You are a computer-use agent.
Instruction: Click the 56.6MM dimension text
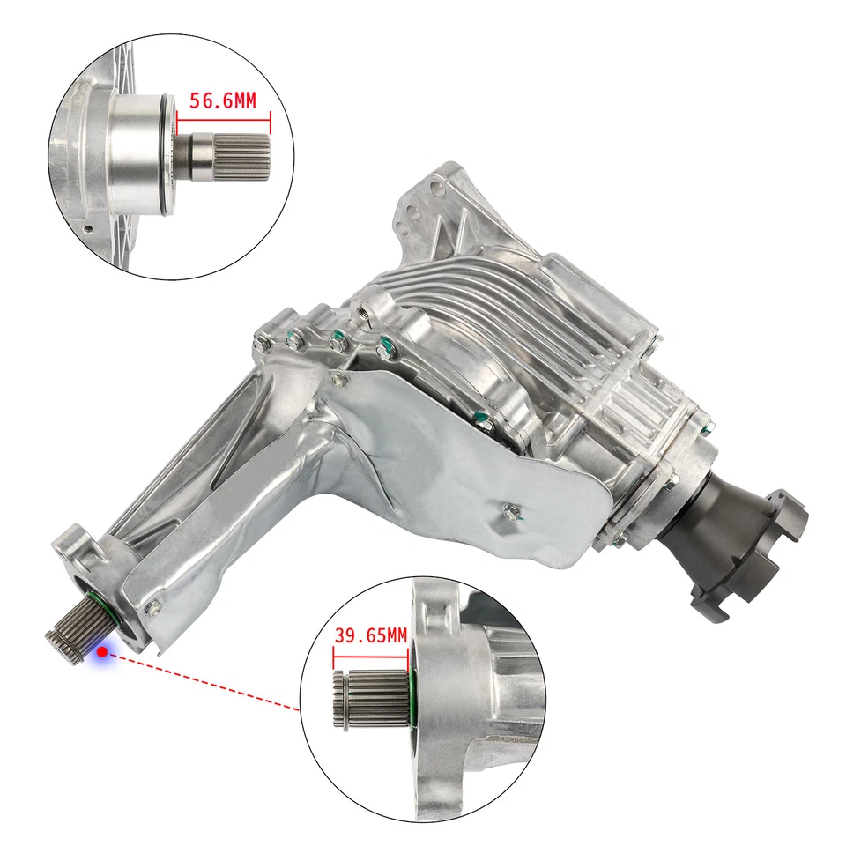pyautogui.click(x=223, y=100)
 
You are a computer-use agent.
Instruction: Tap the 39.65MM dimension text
pyautogui.click(x=371, y=635)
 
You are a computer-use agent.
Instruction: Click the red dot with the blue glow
pyautogui.click(x=103, y=652)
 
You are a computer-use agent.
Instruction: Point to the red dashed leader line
pyautogui.click(x=203, y=681)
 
